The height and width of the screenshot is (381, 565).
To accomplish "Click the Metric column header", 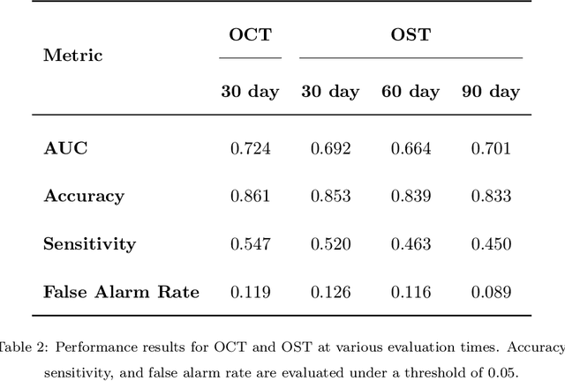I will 73,56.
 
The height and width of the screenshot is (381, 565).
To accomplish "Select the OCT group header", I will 250,35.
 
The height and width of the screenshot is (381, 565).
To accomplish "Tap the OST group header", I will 411,35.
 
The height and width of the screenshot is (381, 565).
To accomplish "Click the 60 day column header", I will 411,92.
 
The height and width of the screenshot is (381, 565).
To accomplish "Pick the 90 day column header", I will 491,92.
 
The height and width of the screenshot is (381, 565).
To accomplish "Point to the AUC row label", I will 66,148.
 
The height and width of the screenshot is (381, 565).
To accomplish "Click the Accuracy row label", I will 84,196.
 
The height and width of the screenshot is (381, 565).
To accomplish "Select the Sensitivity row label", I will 89,243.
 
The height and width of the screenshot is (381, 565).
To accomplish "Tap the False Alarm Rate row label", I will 122,291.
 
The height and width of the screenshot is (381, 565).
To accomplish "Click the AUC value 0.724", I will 250,148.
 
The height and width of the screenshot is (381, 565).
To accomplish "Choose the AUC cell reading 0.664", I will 411,148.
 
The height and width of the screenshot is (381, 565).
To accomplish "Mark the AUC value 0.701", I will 491,148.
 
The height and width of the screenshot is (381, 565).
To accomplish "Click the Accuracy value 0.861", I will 250,196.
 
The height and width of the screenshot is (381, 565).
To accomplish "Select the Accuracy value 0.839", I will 411,196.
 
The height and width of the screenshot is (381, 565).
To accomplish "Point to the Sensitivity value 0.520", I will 330,243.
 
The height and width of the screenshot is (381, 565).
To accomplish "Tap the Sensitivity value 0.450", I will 491,243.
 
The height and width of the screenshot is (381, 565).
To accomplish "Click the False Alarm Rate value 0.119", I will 250,291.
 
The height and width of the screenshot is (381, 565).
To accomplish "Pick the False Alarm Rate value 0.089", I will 491,291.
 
